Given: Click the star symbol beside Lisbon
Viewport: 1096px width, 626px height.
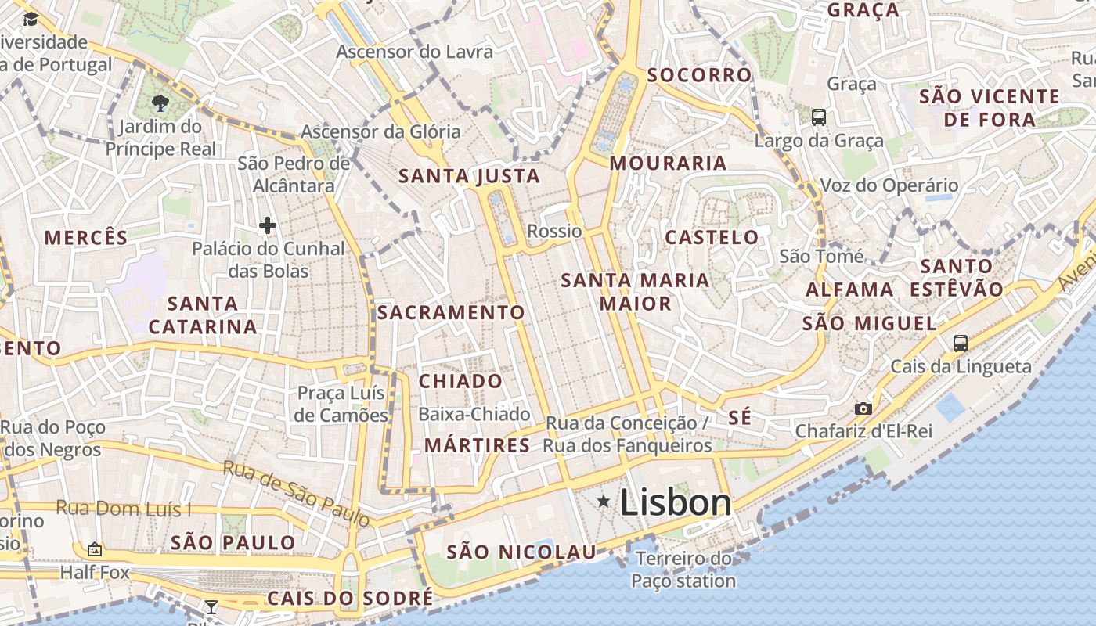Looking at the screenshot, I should [x=604, y=501].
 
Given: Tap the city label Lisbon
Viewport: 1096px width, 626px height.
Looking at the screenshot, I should [x=676, y=503].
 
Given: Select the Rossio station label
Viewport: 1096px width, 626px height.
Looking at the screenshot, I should [x=554, y=231].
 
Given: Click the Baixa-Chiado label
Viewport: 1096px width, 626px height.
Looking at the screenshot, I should [x=474, y=414].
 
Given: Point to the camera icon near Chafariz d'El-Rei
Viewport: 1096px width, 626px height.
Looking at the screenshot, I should [x=863, y=408].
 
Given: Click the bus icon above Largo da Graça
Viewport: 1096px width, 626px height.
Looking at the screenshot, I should [x=819, y=117].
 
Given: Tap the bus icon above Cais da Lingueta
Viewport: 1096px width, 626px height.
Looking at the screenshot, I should [x=961, y=343].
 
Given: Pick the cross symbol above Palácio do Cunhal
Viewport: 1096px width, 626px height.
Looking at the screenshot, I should [x=268, y=225].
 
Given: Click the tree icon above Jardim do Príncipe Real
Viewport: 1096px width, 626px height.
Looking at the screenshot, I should [x=160, y=102].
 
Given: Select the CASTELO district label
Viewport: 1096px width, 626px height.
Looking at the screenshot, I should [x=712, y=237].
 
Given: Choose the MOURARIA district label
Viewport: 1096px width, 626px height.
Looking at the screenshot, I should [x=668, y=164].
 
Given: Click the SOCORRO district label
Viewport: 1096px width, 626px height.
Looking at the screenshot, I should [x=699, y=75].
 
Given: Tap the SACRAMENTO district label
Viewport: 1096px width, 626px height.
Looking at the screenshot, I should [x=451, y=312].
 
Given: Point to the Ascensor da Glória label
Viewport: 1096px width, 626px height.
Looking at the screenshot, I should [x=380, y=131].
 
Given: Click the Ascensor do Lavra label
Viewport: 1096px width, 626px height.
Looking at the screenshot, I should [x=415, y=52].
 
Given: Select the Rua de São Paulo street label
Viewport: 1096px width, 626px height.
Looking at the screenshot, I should [x=296, y=493].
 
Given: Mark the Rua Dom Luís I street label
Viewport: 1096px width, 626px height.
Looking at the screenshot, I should [x=123, y=509].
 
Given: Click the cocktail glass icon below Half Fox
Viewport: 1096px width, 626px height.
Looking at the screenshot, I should [x=211, y=606].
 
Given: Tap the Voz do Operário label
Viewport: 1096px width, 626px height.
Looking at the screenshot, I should [x=889, y=185].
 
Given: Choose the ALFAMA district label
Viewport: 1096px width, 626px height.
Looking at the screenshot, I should [x=849, y=290].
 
